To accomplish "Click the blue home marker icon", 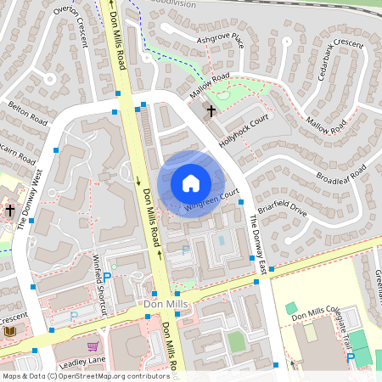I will [x=191, y=183].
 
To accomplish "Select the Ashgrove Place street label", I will [x=220, y=40].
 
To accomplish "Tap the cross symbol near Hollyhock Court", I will [x=211, y=110].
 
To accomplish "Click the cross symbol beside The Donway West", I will [x=10, y=210].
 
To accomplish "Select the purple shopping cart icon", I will [x=93, y=346].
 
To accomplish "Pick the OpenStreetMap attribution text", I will [x=86, y=375].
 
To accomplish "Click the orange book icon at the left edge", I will [x=10, y=331].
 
